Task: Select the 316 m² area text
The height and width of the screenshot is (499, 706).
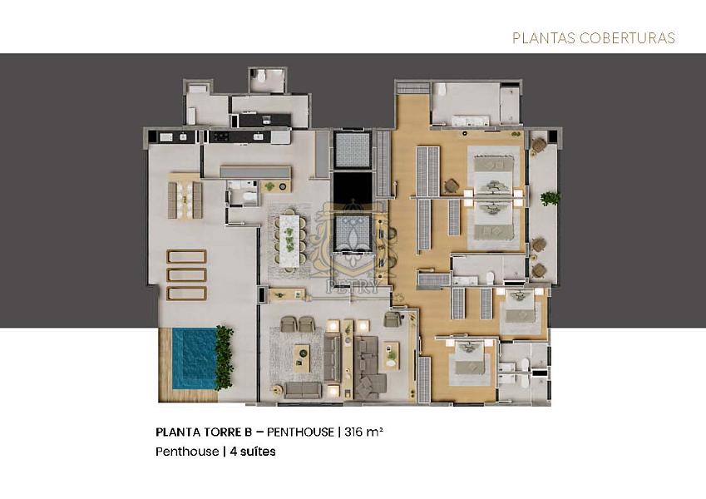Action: coord(363,432)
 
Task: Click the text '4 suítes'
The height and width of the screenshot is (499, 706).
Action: coord(252,452)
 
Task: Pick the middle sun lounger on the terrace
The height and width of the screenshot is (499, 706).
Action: coord(186,274)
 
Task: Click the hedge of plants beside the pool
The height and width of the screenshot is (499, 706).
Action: coord(225,358)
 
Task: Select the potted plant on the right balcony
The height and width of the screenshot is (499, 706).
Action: coord(550,198)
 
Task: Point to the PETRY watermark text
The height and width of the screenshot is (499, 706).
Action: coord(353,288)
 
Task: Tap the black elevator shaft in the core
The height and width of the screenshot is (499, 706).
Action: coord(353,187)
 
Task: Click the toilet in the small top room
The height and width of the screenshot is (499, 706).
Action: coord(261,77)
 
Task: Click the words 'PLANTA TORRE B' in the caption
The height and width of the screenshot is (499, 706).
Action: coord(204,432)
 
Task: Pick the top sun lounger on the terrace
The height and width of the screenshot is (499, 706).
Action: coord(186,256)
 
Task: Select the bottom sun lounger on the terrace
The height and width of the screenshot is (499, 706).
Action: coord(186,293)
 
